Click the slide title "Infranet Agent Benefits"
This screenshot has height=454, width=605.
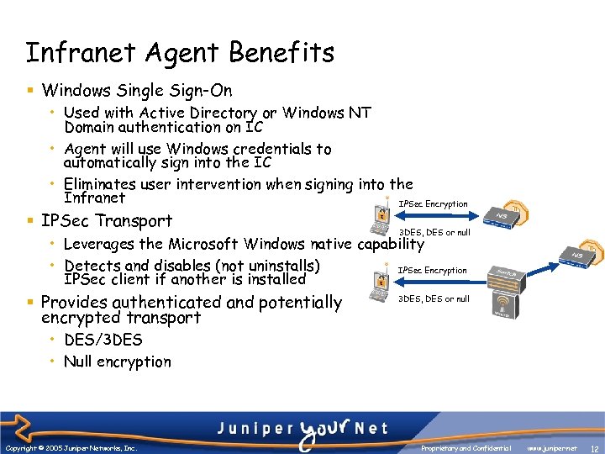click(x=180, y=53)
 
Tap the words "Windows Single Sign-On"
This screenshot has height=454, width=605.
click(x=136, y=90)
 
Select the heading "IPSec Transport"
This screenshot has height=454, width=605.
click(x=107, y=221)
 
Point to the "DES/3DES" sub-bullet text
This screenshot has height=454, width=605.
click(x=103, y=340)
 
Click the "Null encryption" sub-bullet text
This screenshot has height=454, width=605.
click(x=118, y=362)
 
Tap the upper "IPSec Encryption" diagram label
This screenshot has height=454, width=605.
click(x=433, y=204)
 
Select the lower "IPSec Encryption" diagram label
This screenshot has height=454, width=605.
click(x=432, y=270)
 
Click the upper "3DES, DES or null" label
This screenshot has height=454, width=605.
click(x=434, y=232)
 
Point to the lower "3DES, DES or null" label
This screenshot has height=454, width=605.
click(x=434, y=298)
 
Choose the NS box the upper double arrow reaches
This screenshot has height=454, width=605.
click(x=503, y=216)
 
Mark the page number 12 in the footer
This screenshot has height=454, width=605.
click(x=594, y=448)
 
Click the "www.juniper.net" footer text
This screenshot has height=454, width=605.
click(x=551, y=448)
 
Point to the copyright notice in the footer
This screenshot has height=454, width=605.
click(x=71, y=448)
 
